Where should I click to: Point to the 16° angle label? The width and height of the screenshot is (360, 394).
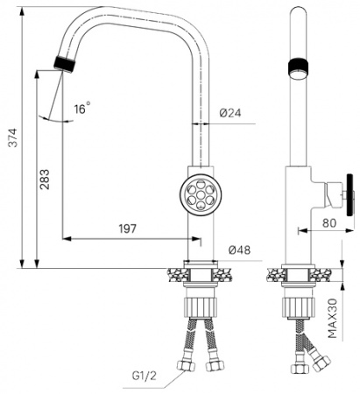[81, 109]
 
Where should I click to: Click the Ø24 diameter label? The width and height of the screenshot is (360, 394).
[230, 113]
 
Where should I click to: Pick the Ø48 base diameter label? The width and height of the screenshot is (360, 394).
[237, 250]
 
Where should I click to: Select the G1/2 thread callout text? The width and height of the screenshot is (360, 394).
[145, 376]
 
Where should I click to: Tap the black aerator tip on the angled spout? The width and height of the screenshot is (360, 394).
[66, 63]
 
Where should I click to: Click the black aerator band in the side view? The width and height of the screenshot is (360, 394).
[297, 67]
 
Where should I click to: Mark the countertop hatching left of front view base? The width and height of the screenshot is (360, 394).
[173, 275]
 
